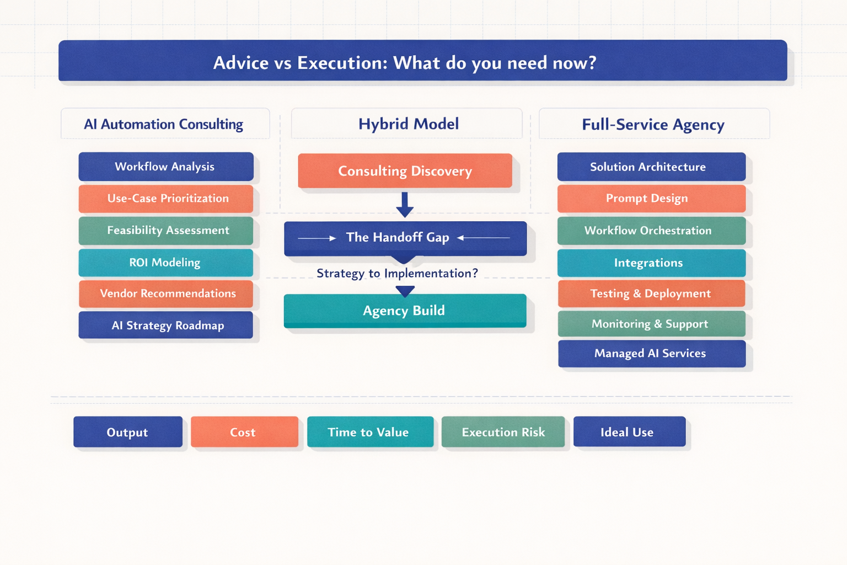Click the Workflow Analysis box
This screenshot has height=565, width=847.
pos(165,167)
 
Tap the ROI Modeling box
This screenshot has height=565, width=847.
pos(165,263)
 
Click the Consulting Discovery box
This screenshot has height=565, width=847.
pos(405,171)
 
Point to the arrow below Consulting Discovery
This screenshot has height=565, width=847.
pos(405,204)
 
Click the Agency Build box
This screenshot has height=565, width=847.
pos(405,311)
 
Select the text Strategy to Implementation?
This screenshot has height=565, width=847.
pos(397,273)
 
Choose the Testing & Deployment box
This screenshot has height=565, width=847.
pos(651,294)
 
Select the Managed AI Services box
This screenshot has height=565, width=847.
pos(651,354)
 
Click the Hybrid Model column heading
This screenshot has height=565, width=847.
pos(408,124)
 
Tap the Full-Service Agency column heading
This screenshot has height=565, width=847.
pos(653,124)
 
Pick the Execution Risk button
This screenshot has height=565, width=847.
pos(503,432)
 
